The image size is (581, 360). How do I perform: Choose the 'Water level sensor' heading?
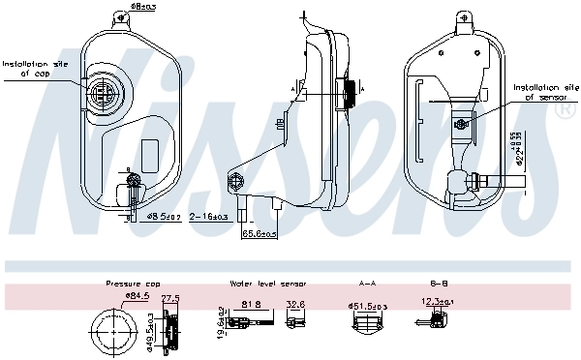[268, 284]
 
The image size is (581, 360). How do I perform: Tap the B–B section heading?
[438, 284]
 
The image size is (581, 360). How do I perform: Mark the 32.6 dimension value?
[296, 306]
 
